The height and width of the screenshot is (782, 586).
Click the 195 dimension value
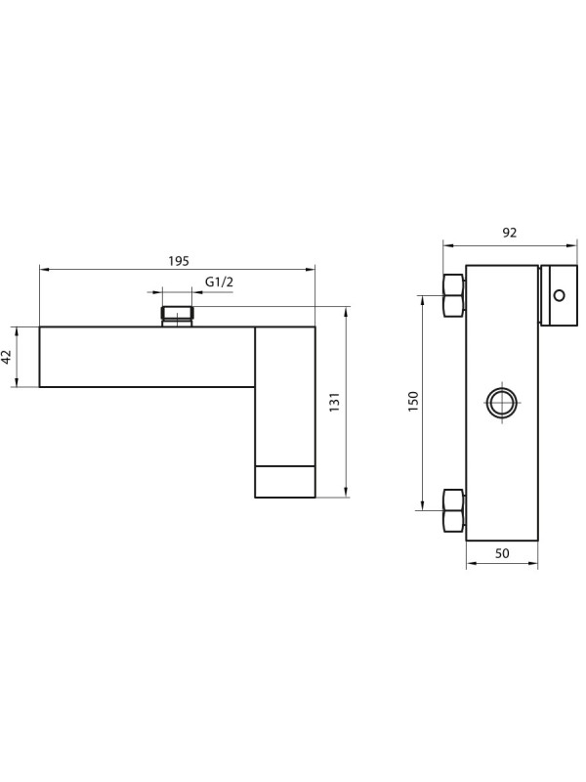pos(178,260)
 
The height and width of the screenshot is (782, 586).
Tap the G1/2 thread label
pos(220,282)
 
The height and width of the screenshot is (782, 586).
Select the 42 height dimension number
pos(9,357)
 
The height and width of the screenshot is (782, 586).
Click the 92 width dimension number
pos(509,233)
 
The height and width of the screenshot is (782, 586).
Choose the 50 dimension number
pos(502,553)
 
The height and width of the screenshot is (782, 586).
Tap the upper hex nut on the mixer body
pos(453,295)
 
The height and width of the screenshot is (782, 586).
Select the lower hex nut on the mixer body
pos(453,509)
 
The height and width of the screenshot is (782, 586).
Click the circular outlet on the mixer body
pos(502,402)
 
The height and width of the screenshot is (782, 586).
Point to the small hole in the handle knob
pos(559,295)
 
